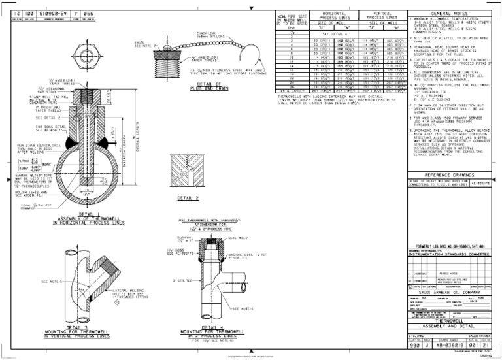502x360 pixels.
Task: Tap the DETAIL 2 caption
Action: tap(188, 198)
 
